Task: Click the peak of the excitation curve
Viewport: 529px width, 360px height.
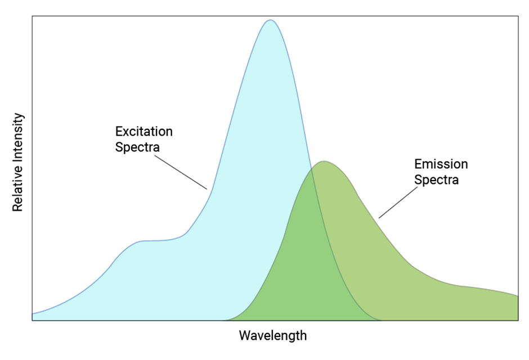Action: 271,20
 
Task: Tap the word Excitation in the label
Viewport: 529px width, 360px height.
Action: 144,132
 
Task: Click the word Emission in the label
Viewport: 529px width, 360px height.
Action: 441,164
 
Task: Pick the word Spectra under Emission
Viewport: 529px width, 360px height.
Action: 436,180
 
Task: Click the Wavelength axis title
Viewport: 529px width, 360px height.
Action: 273,336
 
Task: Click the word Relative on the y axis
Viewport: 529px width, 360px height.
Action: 18,191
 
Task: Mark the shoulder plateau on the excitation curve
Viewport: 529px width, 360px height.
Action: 152,241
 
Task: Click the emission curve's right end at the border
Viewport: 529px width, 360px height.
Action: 517,295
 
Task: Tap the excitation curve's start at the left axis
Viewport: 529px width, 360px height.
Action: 33,313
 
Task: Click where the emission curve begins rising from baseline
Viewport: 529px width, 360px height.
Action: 225,320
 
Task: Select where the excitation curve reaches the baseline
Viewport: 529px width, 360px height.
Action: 380,320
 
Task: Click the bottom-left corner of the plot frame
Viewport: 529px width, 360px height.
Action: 32,321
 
